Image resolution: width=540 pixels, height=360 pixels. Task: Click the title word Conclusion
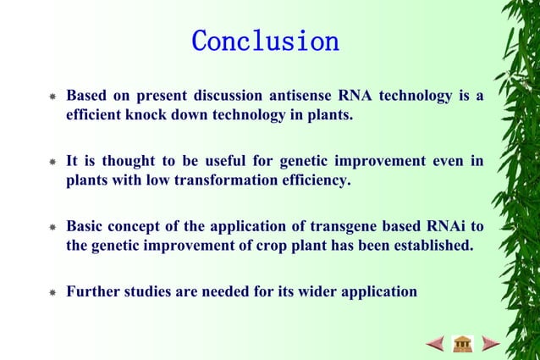[x=265, y=41]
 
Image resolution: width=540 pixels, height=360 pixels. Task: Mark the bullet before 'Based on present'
[x=52, y=98]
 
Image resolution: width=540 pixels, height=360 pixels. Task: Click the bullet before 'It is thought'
[x=52, y=163]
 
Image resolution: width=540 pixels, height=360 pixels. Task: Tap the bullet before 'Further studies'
[x=52, y=294]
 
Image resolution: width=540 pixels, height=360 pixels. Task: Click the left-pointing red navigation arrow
[x=435, y=343]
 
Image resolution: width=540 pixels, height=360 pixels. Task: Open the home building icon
[x=462, y=343]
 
